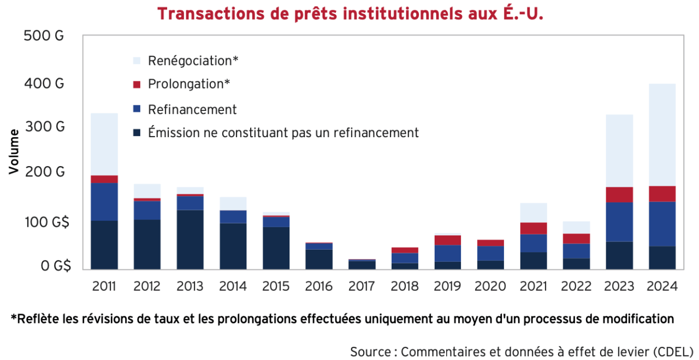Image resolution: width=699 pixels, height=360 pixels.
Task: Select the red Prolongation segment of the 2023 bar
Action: [x=619, y=194]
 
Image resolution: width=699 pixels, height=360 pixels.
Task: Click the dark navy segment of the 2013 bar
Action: [x=190, y=239]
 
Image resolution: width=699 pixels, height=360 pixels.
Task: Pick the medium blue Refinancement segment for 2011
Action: [x=104, y=202]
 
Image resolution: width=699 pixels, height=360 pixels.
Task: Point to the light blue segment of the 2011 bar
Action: [x=104, y=144]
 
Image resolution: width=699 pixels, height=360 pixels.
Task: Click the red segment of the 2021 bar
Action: [x=534, y=228]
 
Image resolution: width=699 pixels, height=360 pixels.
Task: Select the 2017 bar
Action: [x=362, y=264]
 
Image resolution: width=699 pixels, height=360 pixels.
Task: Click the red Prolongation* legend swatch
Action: [x=137, y=85]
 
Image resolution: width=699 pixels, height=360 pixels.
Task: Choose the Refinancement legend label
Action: [x=192, y=109]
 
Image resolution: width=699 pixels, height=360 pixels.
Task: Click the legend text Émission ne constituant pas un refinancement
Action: [x=283, y=133]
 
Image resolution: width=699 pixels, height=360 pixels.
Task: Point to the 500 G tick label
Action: [x=44, y=37]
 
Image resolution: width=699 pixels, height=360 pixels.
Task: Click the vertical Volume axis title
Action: [x=14, y=152]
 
